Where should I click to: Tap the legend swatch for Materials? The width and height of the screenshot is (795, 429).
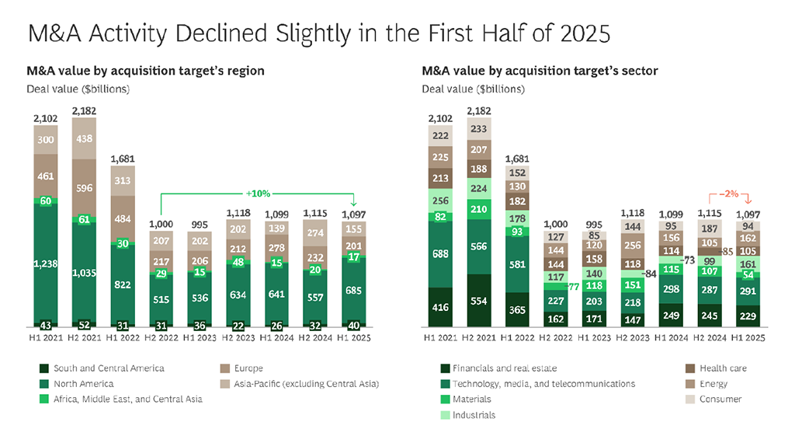point(446,399)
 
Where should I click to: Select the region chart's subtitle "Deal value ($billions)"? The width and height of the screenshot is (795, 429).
point(78,89)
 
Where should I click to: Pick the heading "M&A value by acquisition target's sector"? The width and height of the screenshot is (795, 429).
point(540,71)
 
